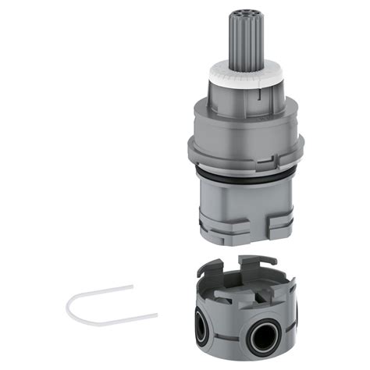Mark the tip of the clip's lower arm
(x=157, y=315)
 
